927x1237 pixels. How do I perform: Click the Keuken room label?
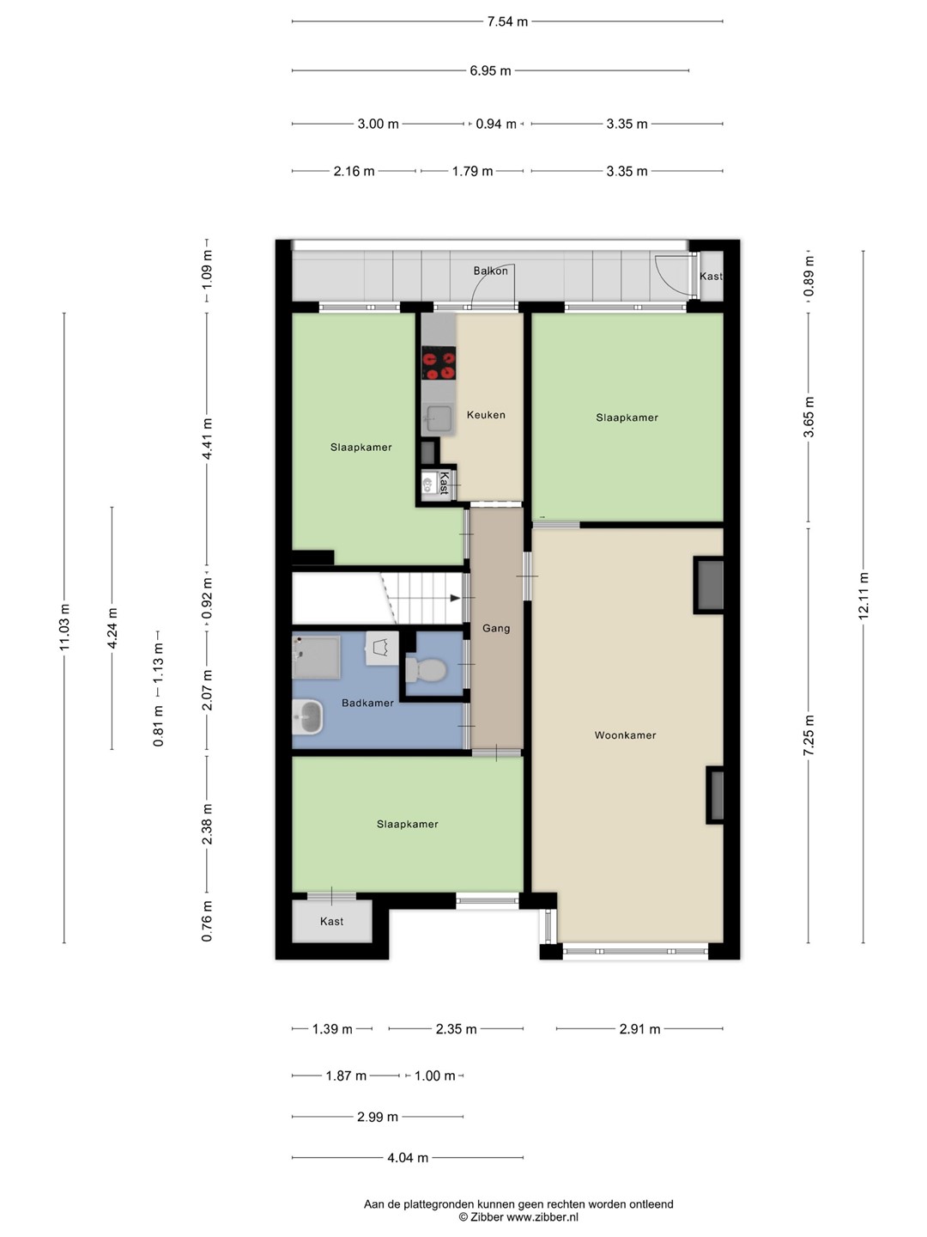[x=486, y=415]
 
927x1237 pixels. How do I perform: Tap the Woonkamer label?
[x=626, y=734]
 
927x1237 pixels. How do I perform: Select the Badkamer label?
[x=367, y=703]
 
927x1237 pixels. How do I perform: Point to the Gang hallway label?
[x=496, y=628]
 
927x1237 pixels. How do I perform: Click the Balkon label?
[x=490, y=271]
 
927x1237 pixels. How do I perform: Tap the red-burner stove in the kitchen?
[x=439, y=363]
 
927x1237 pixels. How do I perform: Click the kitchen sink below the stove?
[x=438, y=418]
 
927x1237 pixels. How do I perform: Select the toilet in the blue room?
[x=426, y=670]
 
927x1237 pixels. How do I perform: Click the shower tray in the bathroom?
[x=317, y=657]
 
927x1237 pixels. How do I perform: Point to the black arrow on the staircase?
[x=455, y=598]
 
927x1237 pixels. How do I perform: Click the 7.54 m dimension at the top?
[x=507, y=21]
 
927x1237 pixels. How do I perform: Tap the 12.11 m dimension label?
[x=863, y=596]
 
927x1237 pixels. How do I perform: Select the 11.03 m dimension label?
[x=64, y=627]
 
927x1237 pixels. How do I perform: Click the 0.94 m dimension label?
[x=496, y=124]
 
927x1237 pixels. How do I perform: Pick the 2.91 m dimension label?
[x=639, y=1029]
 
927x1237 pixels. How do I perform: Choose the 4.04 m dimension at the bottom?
[x=408, y=1157]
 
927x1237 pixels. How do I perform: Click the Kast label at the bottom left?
[x=331, y=922]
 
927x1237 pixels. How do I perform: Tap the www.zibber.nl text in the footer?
[x=542, y=1216]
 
